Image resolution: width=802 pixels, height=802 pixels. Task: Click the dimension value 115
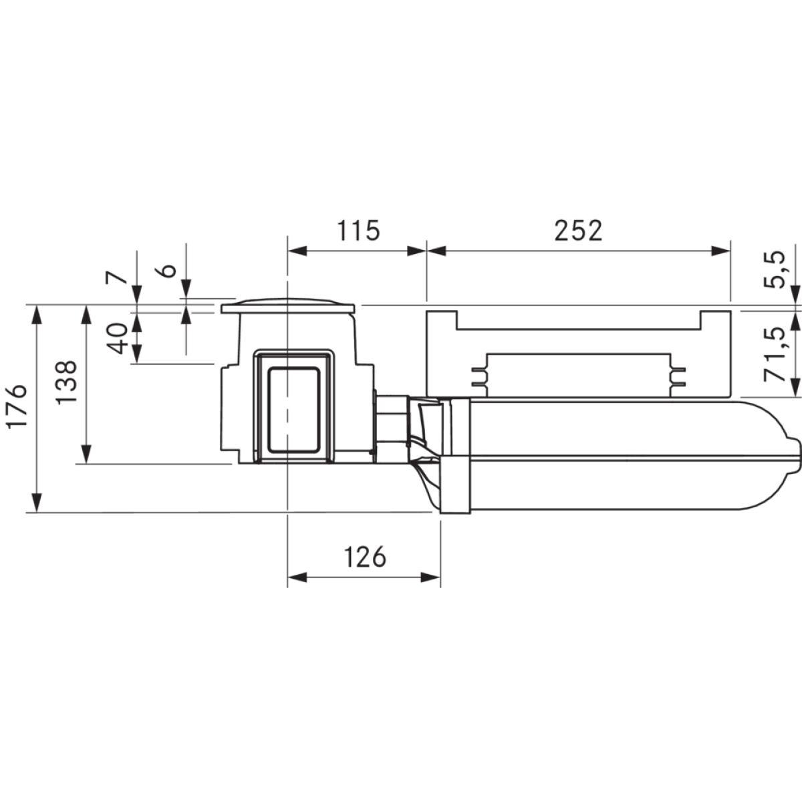pyautogui.click(x=358, y=230)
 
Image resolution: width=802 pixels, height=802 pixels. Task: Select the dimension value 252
pyautogui.click(x=578, y=230)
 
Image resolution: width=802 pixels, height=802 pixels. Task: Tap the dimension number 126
pyautogui.click(x=366, y=555)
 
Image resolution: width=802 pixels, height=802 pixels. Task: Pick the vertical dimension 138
pyautogui.click(x=67, y=382)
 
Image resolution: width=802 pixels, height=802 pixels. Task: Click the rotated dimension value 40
pyautogui.click(x=118, y=338)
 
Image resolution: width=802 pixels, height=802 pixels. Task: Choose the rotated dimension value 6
pyautogui.click(x=168, y=270)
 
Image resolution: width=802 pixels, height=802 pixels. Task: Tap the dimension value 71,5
pyautogui.click(x=775, y=354)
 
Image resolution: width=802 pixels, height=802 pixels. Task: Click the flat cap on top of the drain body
pyautogui.click(x=288, y=307)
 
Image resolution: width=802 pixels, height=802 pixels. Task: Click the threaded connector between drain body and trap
pyautogui.click(x=392, y=420)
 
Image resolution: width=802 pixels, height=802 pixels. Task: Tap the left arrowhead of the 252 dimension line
pyautogui.click(x=436, y=251)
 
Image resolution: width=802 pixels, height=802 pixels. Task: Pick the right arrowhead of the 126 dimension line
pyautogui.click(x=432, y=577)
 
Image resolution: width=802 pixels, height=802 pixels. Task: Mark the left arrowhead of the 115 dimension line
pyautogui.click(x=297, y=251)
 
